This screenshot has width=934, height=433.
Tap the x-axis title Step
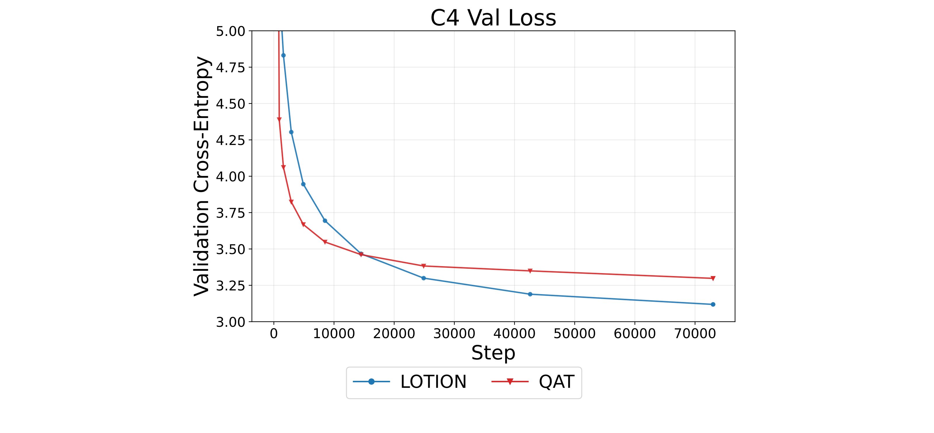(493, 353)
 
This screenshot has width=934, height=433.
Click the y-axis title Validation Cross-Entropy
(202, 176)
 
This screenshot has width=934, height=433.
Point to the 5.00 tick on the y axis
(231, 31)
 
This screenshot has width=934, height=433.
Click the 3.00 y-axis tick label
(231, 322)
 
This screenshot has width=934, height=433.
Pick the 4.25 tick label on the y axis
(231, 140)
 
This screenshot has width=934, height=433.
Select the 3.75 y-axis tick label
(231, 213)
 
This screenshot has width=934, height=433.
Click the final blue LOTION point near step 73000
(713, 304)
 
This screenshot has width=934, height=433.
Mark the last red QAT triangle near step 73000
(713, 278)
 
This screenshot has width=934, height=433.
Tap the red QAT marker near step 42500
(530, 271)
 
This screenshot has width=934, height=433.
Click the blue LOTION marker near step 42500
(530, 294)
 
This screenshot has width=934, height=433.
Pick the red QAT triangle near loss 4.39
(279, 120)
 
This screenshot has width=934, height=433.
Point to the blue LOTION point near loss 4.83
(283, 55)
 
